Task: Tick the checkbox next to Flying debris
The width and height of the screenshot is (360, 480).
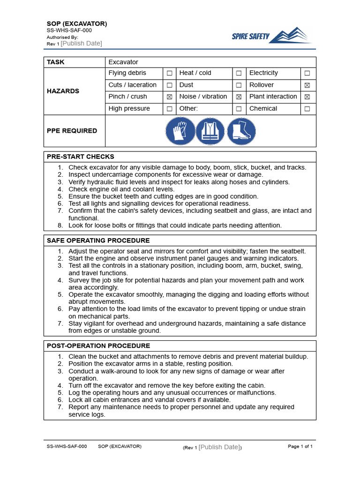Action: coord(169,73)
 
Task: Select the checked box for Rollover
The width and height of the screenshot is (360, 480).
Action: coord(307,85)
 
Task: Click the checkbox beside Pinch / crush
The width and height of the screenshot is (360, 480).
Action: coord(169,97)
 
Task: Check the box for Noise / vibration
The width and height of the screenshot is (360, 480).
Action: coord(239,97)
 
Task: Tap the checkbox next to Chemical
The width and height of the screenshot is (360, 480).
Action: coord(307,109)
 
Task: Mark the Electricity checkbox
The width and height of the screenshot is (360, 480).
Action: coord(307,73)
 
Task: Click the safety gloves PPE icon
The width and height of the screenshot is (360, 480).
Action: coord(180,131)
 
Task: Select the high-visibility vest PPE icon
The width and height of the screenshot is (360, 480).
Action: coord(210,131)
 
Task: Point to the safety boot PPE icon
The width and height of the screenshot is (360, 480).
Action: coord(241,131)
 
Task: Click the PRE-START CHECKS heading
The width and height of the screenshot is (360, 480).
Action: coord(80,157)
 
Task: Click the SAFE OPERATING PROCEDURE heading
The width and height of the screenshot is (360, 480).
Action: coord(98,240)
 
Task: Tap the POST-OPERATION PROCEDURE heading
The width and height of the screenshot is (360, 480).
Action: coord(98,346)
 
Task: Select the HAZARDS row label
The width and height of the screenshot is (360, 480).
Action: coord(63,91)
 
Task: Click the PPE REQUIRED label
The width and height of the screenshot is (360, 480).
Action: coord(72,131)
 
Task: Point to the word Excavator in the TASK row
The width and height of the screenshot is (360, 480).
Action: coord(123,62)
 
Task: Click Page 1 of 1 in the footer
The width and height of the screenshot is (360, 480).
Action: coord(300,447)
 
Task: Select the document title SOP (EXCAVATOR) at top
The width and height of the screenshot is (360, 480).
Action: coord(77,23)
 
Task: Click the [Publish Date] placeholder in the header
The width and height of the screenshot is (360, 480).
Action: coord(81,44)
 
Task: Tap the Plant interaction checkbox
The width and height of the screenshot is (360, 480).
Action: coord(307,97)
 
